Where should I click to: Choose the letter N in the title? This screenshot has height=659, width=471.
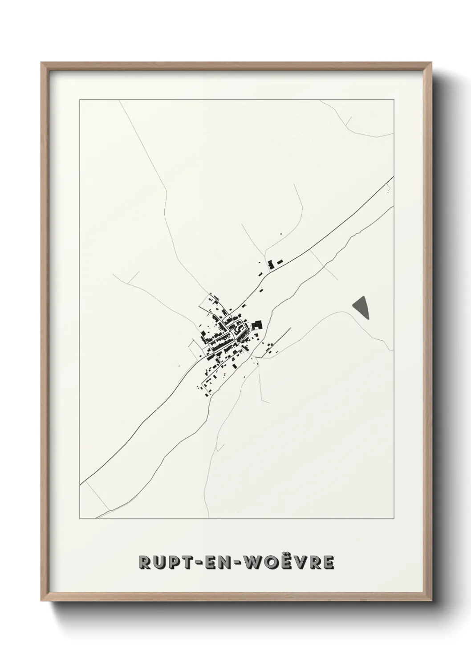[x=231, y=562]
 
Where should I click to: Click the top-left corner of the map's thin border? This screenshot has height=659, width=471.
[x=80, y=100]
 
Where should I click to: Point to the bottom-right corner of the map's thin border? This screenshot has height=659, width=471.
[x=394, y=519]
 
